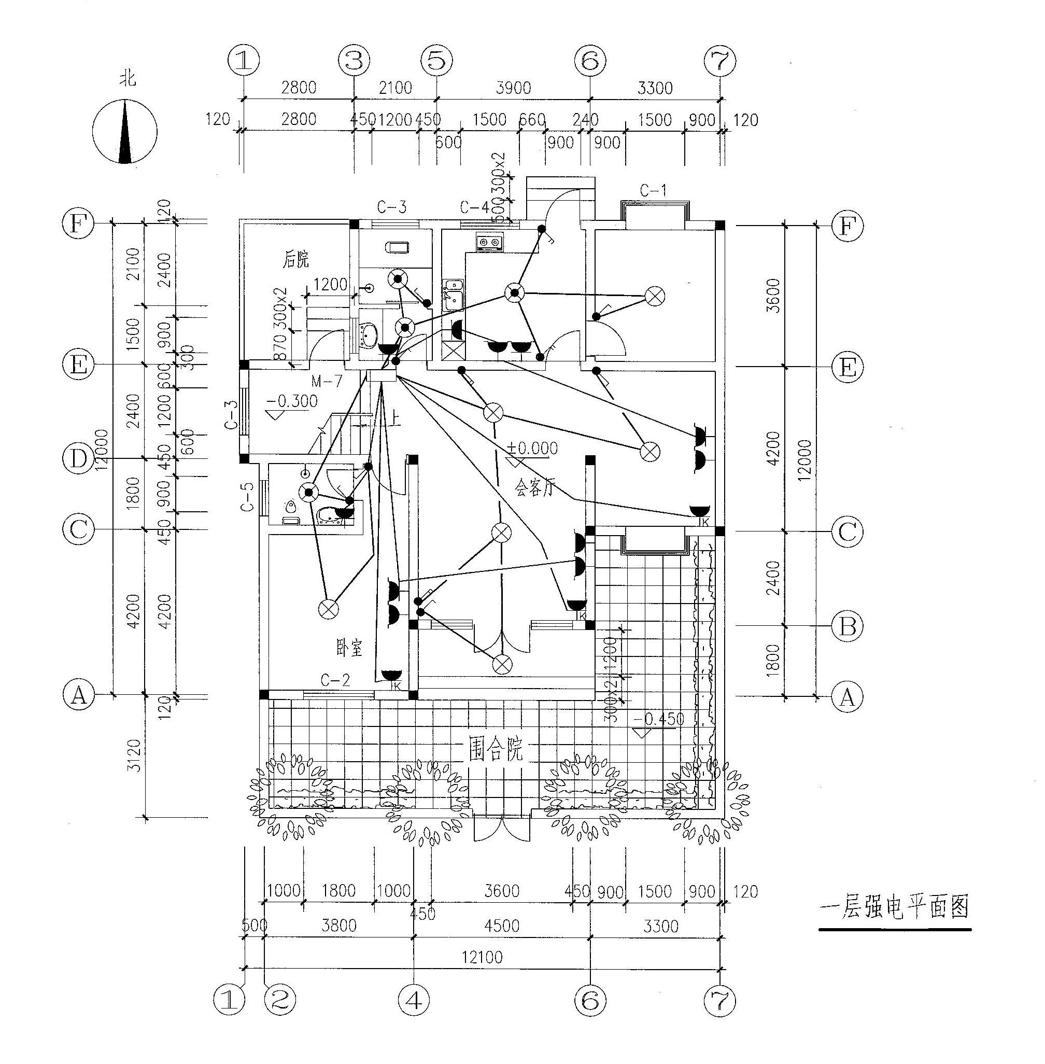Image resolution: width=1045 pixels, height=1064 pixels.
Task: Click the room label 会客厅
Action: [x=535, y=487]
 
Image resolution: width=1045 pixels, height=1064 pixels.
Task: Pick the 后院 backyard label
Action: [x=296, y=259]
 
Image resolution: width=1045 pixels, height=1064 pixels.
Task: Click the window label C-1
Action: [x=653, y=191]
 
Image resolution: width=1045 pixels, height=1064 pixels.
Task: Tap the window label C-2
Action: [x=335, y=681]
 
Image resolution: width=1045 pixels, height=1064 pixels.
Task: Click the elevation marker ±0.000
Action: [x=532, y=448]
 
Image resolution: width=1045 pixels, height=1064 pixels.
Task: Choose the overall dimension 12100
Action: [x=482, y=958]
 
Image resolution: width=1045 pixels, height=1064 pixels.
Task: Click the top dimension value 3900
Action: [x=513, y=88]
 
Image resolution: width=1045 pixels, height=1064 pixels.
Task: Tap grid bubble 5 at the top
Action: [x=437, y=60]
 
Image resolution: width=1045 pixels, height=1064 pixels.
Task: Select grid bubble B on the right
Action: [x=848, y=626]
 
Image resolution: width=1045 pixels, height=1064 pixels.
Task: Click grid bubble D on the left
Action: [x=78, y=459]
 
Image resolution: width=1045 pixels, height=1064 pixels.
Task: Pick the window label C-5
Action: [x=248, y=497]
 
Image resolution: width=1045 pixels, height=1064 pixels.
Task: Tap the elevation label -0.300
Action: [x=293, y=401]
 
